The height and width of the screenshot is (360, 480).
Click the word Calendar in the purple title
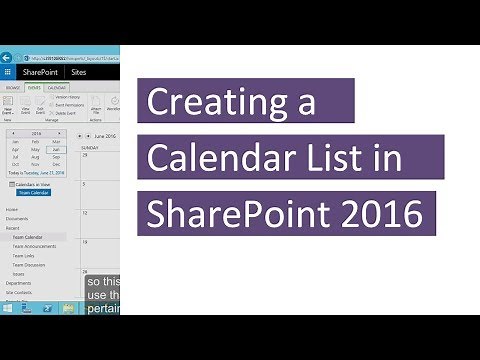coord(209,158)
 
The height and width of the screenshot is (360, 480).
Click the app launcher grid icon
coord(8,73)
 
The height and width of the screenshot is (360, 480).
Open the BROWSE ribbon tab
coord(11,88)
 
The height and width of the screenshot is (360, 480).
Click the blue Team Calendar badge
coord(32,192)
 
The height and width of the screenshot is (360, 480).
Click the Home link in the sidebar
coord(11,209)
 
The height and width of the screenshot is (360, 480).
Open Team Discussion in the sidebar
coord(28,264)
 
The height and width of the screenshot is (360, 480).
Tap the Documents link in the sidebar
coord(16,218)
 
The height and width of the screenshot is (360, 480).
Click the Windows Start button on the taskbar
coord(7,308)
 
